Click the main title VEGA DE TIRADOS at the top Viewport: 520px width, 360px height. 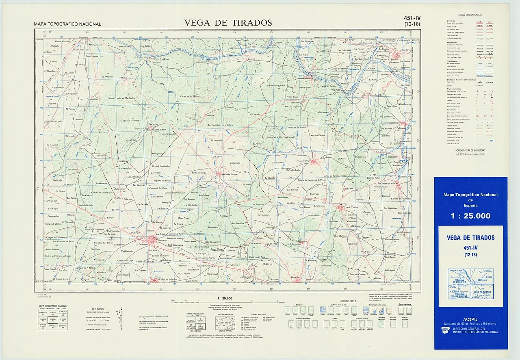point(228,23)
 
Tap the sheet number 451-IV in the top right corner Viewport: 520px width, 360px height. point(412,17)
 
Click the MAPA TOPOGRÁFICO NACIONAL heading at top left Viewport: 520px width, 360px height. point(67,24)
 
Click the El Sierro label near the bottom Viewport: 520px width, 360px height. point(267,265)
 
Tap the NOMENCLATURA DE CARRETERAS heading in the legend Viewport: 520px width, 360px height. point(470,150)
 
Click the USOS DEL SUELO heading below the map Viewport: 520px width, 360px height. point(348,301)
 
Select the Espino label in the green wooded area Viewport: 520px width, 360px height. point(223,216)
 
